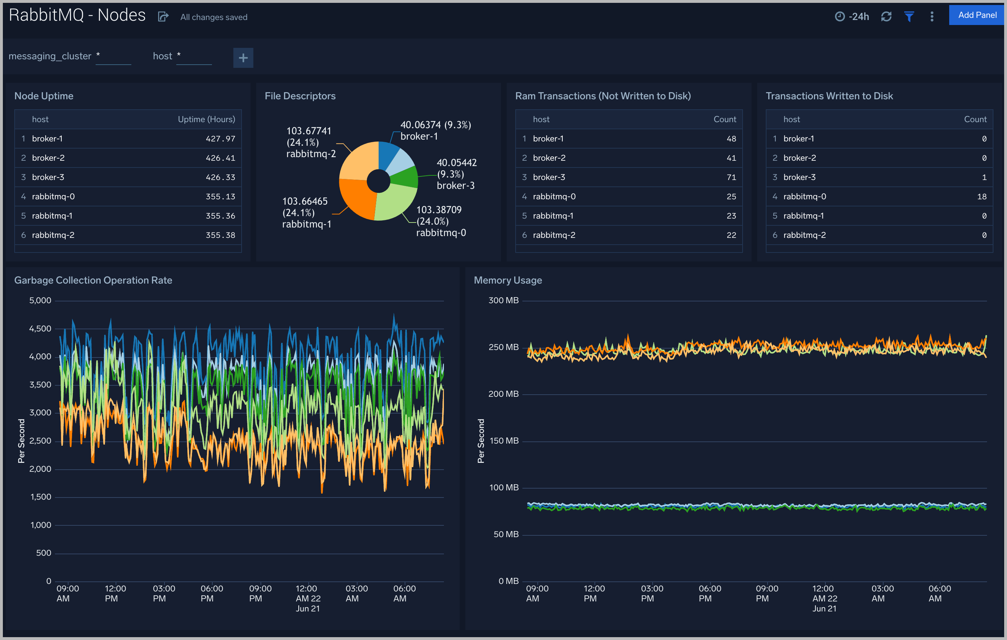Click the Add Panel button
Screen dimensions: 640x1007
click(x=977, y=15)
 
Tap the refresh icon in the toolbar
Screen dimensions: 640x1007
click(x=886, y=17)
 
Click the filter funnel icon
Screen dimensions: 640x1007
click(x=909, y=17)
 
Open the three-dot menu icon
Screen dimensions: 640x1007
click(x=932, y=17)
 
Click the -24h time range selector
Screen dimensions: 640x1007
click(x=852, y=17)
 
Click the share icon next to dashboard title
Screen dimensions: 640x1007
click(x=163, y=17)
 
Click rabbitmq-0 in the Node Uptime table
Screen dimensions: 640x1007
click(x=53, y=196)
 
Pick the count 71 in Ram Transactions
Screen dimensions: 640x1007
click(x=731, y=177)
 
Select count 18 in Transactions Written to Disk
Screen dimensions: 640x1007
click(x=982, y=196)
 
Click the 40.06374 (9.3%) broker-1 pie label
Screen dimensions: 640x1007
click(x=435, y=130)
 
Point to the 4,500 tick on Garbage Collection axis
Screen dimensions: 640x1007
click(x=40, y=329)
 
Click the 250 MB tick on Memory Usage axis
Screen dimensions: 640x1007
click(x=503, y=347)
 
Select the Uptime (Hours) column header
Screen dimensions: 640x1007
click(x=206, y=119)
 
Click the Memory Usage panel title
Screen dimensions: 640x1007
click(x=507, y=280)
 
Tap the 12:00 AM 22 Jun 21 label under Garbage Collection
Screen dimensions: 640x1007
click(x=308, y=598)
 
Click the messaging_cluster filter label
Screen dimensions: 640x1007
click(x=50, y=56)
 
